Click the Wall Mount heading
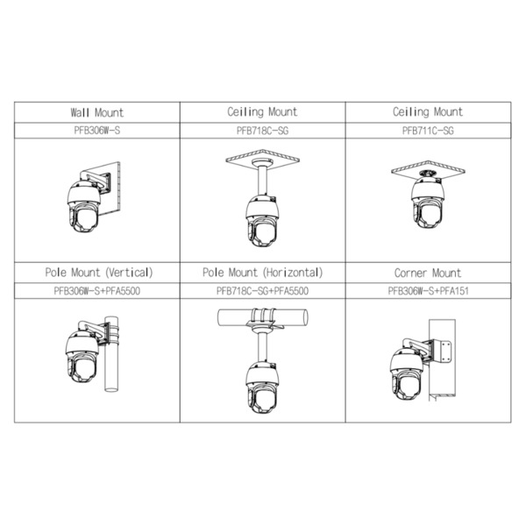[96, 112]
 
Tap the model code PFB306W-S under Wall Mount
[96, 130]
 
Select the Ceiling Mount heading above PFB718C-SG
[262, 112]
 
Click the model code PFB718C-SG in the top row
[262, 130]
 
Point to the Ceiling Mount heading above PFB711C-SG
[427, 112]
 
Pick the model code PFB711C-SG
[427, 130]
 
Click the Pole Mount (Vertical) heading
[98, 273]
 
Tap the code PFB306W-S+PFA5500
[98, 290]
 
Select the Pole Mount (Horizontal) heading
[262, 273]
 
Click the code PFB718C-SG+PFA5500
[262, 290]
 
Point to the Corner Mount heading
[427, 273]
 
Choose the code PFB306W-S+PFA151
[427, 290]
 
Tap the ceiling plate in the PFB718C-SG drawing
[263, 158]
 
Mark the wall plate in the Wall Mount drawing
[112, 179]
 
